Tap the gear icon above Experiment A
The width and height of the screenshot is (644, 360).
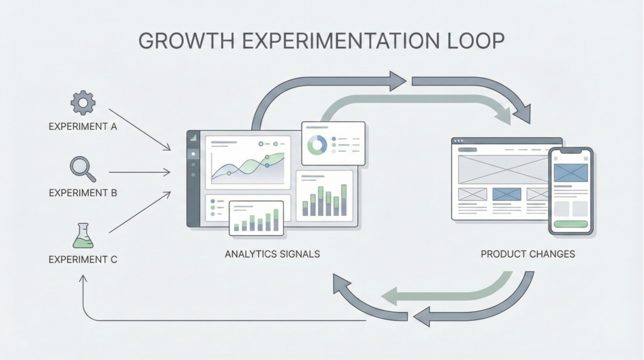point(82,102)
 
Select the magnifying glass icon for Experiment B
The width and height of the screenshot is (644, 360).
point(82,169)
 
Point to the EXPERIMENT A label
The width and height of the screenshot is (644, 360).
point(82,127)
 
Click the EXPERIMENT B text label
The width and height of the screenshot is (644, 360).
point(82,193)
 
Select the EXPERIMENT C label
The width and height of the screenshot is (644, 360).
point(82,259)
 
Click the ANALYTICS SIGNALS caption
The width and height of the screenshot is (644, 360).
point(272,254)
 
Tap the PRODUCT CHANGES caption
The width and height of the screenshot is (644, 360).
point(528,254)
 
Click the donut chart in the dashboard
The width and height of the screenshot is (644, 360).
point(316,145)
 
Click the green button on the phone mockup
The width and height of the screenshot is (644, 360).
point(570,224)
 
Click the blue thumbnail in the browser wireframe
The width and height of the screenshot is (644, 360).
point(507,194)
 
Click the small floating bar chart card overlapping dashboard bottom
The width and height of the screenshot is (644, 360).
point(256,219)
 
